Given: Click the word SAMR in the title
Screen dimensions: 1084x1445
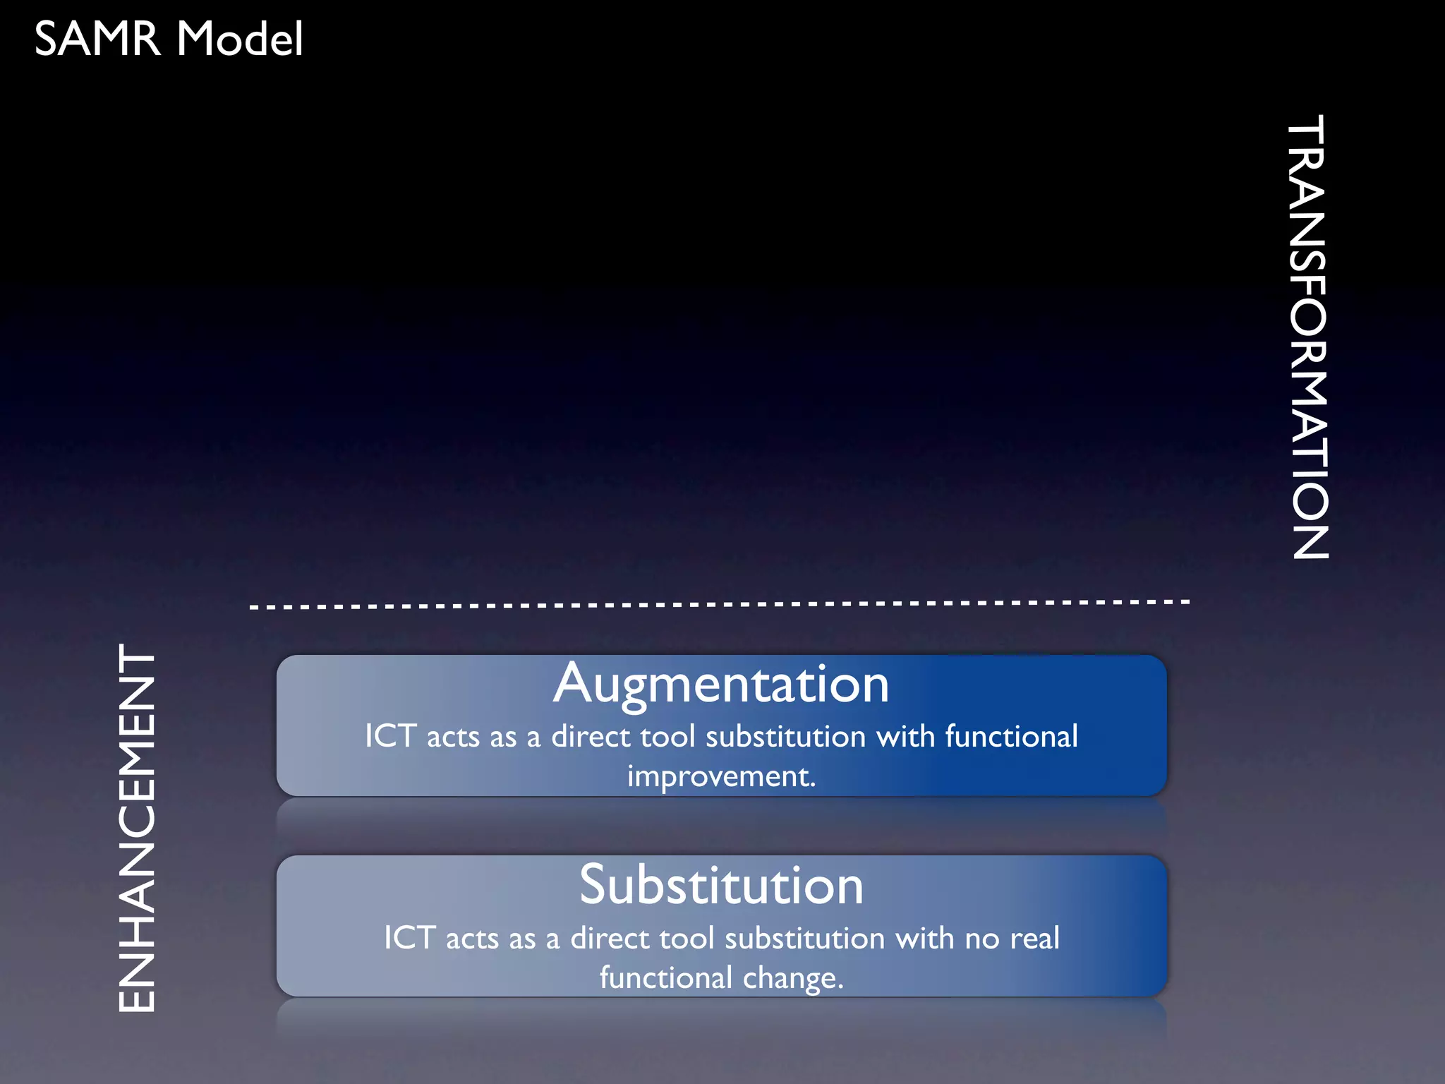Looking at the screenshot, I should [97, 39].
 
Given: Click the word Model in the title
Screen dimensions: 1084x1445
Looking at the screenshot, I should [240, 39].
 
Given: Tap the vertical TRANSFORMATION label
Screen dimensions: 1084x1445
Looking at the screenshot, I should [1310, 337].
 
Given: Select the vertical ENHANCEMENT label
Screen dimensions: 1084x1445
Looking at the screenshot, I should [136, 828].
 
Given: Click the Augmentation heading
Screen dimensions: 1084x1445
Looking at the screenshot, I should [721, 684].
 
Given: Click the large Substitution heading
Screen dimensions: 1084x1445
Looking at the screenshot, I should [721, 885].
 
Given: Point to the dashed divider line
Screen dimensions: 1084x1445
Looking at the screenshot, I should [720, 604].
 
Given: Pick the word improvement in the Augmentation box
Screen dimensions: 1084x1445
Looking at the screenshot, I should [721, 777].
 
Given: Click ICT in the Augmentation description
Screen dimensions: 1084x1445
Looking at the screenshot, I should [390, 736].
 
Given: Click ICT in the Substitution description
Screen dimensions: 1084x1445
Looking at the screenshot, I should [409, 938].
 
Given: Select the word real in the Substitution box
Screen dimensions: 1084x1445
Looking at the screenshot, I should [1034, 939].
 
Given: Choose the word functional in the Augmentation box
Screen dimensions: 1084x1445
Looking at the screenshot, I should [1011, 736].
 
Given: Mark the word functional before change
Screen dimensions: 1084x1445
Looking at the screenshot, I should [665, 978].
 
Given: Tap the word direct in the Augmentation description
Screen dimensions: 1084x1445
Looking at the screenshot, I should [591, 736].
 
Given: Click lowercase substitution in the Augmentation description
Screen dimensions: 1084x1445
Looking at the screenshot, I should [785, 736].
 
